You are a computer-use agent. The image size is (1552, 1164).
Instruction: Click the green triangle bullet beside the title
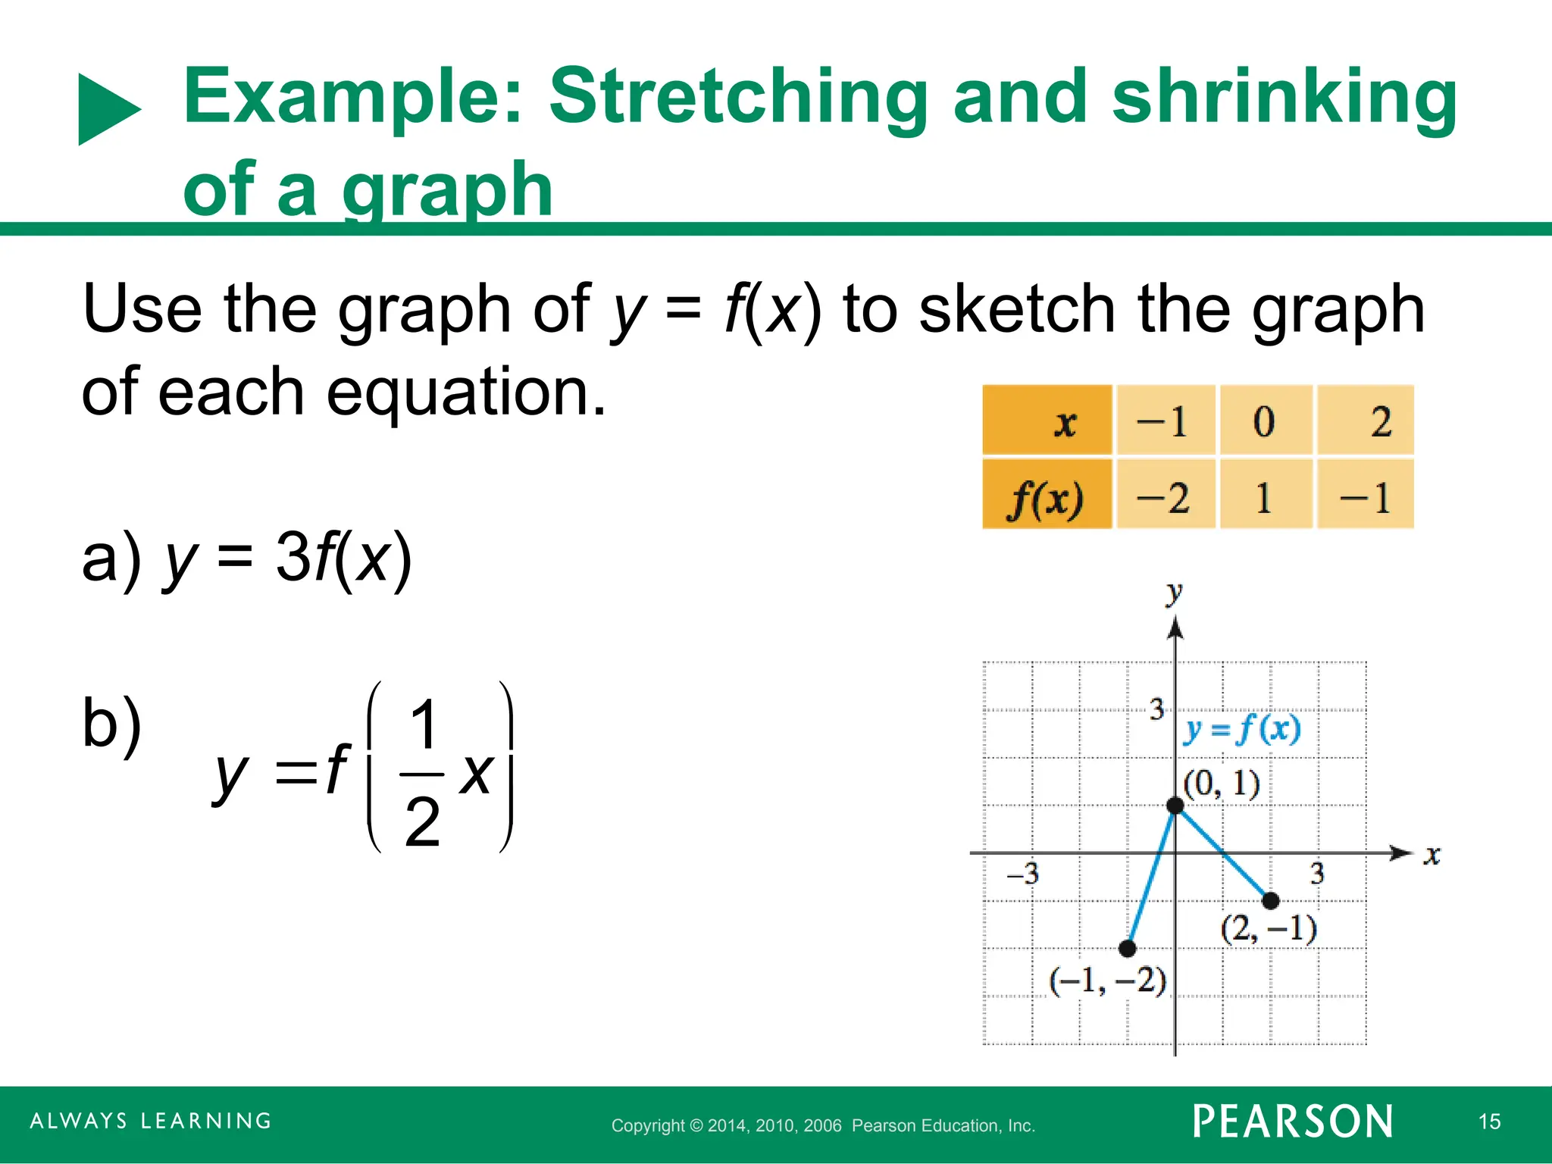coord(108,109)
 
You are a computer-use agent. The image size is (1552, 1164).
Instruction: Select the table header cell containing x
coord(1047,421)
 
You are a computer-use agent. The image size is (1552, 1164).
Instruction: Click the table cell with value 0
coord(1264,421)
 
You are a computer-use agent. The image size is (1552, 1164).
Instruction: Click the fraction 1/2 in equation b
coord(422,773)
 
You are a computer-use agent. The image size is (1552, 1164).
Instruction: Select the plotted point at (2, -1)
coord(1271,900)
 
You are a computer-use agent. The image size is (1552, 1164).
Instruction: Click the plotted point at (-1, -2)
coord(1128,948)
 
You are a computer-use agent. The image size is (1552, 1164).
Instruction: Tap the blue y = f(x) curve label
coord(1241,729)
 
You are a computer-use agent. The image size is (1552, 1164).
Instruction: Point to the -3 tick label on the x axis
coord(1022,874)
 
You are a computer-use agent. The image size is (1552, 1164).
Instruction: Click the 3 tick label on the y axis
coord(1156,709)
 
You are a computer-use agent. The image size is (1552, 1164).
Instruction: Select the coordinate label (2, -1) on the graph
coord(1269,928)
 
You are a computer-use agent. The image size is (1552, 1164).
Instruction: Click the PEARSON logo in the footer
coord(1293,1121)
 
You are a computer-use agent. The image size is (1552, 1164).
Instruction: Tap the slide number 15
coord(1489,1122)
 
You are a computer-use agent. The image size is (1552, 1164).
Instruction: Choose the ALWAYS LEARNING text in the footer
coord(151,1121)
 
